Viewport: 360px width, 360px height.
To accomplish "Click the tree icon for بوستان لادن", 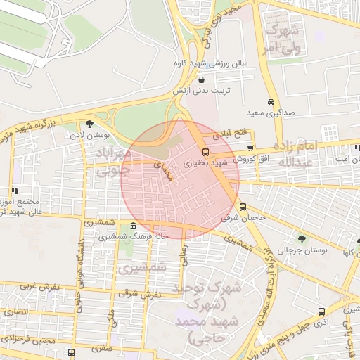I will click(89, 124).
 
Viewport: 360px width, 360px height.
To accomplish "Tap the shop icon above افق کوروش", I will click(251, 148).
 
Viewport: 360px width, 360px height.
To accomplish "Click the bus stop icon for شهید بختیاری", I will click(205, 151).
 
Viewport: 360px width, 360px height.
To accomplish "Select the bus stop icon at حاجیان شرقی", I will click(243, 207).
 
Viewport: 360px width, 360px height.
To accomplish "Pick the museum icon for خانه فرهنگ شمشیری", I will click(134, 226).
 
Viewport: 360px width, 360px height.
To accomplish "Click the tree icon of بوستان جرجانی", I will click(302, 239).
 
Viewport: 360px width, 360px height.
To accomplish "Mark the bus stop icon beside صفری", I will click(71, 352).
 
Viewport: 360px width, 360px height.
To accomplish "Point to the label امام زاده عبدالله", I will click(299, 154).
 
